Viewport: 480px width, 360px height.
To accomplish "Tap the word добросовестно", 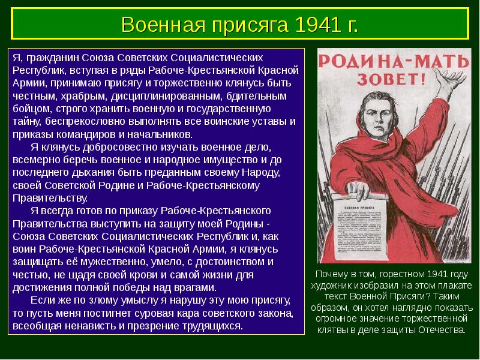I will (111, 146).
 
